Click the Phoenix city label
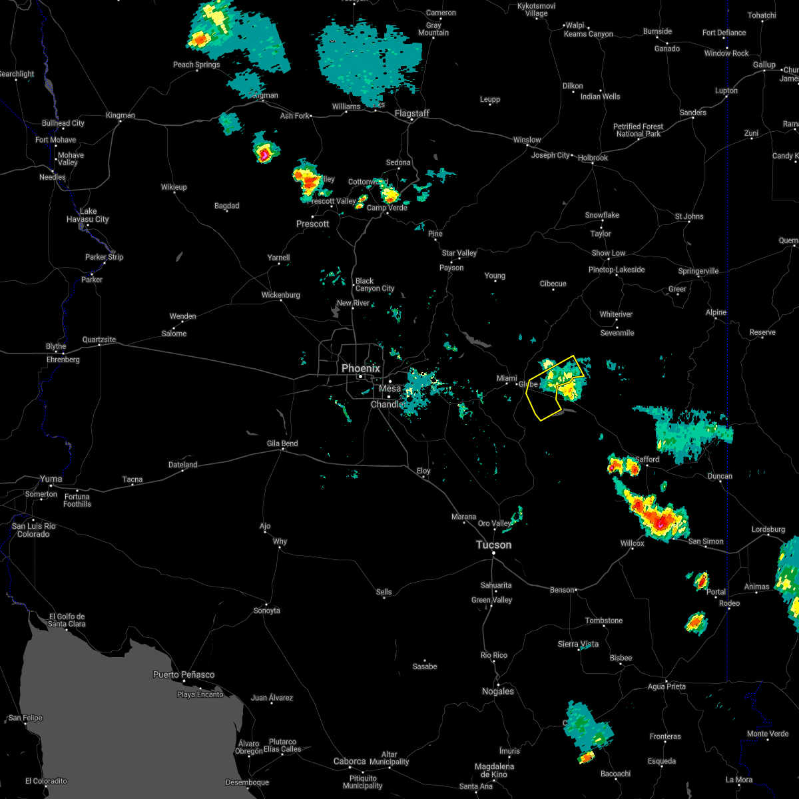[x=360, y=368]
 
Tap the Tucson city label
[x=493, y=545]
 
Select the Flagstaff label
[x=411, y=113]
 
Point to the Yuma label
[x=51, y=479]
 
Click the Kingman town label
[x=120, y=115]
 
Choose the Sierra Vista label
[x=578, y=644]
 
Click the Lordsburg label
[x=768, y=529]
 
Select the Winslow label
[x=527, y=140]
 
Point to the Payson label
[x=451, y=268]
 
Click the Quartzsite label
[x=99, y=340]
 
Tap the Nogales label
[x=497, y=691]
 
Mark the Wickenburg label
[x=280, y=295]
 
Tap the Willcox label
[x=632, y=543]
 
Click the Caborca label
[x=349, y=761]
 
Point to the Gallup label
[x=764, y=65]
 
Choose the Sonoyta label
[x=266, y=611]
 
